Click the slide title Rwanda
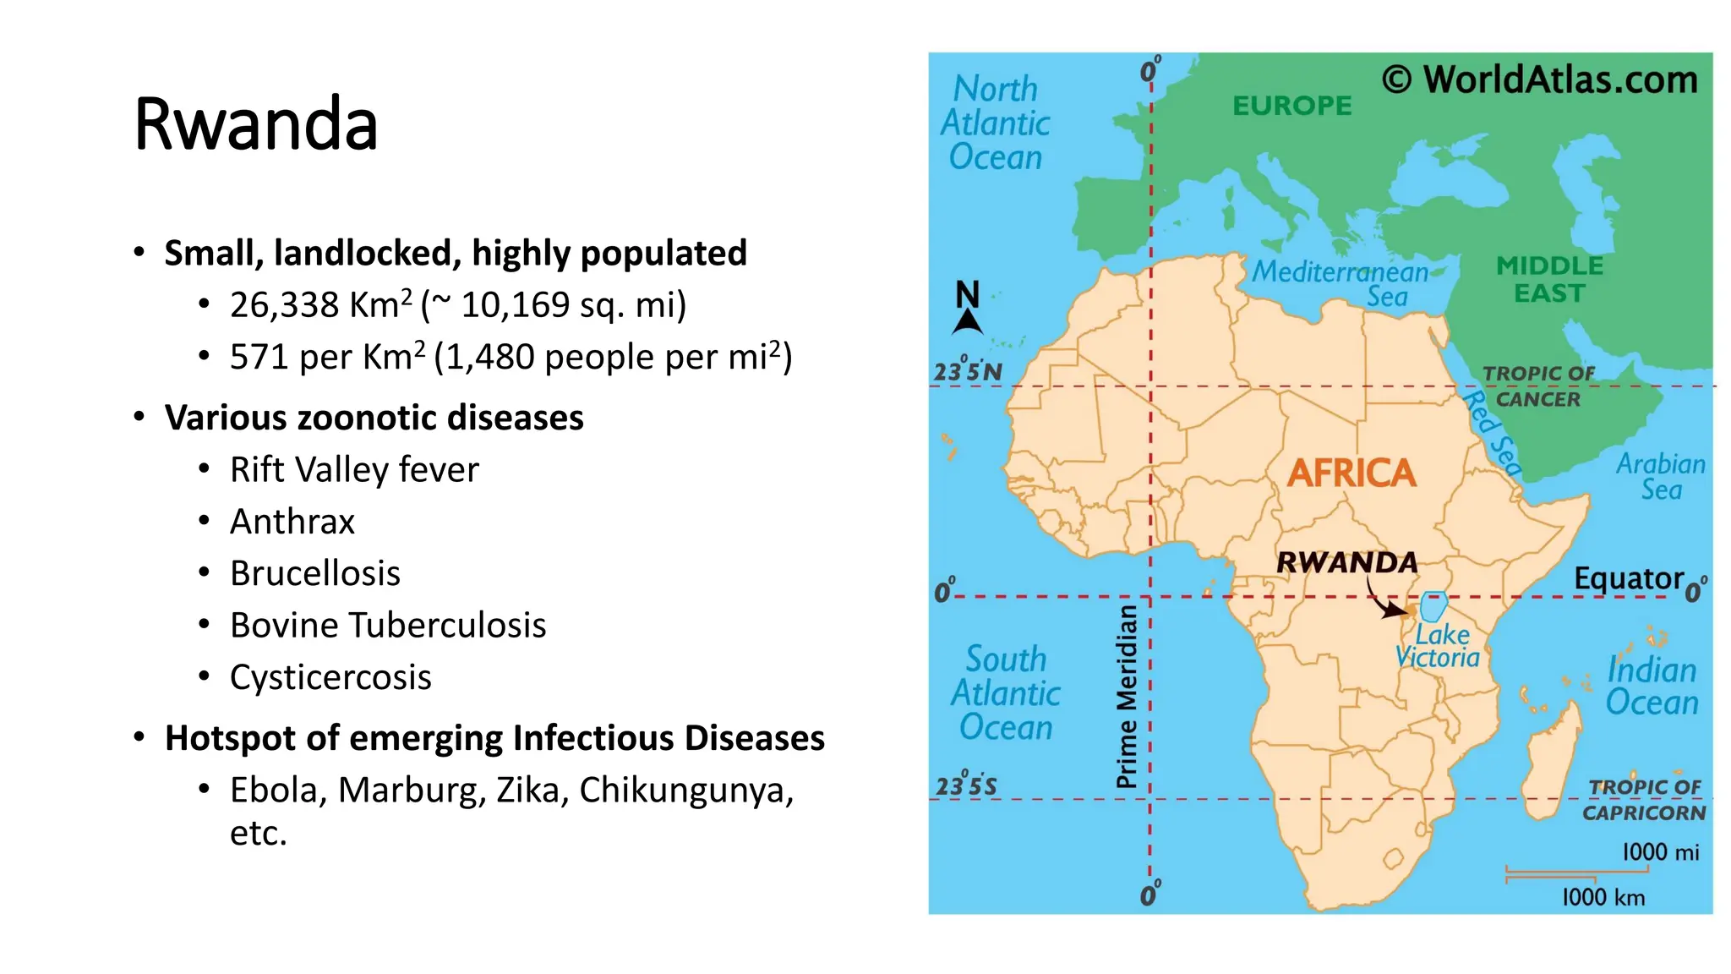(x=255, y=125)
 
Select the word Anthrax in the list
(x=292, y=522)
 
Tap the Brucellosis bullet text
(x=315, y=573)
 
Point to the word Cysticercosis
(x=330, y=677)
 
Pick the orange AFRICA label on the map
(x=1351, y=473)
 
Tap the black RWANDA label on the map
(x=1346, y=562)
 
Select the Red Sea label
(x=1493, y=433)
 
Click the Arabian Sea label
(x=1661, y=476)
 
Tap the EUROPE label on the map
(x=1291, y=106)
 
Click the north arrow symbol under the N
(x=968, y=322)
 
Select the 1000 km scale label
(x=1603, y=897)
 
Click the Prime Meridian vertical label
(x=1127, y=696)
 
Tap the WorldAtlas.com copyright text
(x=1539, y=79)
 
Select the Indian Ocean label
(x=1652, y=686)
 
